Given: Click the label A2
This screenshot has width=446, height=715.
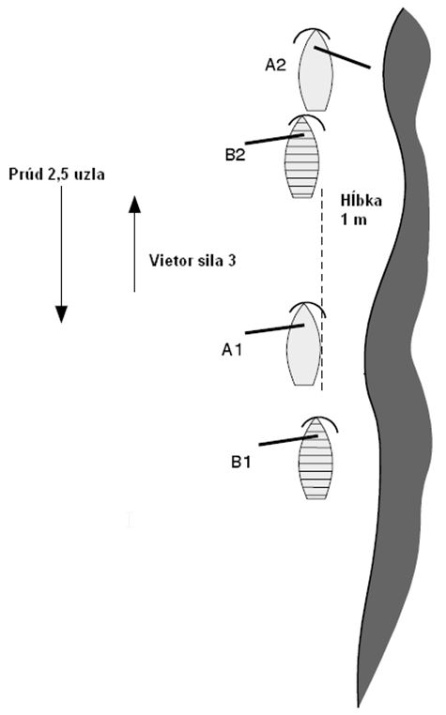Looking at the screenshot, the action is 275,65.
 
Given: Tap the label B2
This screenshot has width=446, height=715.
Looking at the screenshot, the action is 235,155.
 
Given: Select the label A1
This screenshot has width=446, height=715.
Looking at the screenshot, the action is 231,350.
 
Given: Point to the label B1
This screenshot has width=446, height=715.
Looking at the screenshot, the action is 240,462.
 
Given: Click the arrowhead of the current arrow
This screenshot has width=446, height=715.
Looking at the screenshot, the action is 61,314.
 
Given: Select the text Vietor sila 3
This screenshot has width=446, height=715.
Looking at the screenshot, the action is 192,260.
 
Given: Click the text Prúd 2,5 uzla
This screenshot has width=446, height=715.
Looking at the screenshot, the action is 56,175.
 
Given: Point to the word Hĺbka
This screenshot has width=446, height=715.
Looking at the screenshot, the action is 361,201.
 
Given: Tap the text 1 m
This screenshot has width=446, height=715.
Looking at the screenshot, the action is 353,220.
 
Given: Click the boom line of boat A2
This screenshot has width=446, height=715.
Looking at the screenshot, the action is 343,57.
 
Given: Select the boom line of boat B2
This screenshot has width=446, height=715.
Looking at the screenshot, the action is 274,140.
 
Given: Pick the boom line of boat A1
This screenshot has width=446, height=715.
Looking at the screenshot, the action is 275,329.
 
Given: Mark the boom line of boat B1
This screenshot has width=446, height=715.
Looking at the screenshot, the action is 288,440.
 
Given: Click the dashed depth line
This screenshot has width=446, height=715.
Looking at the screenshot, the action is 322,289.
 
